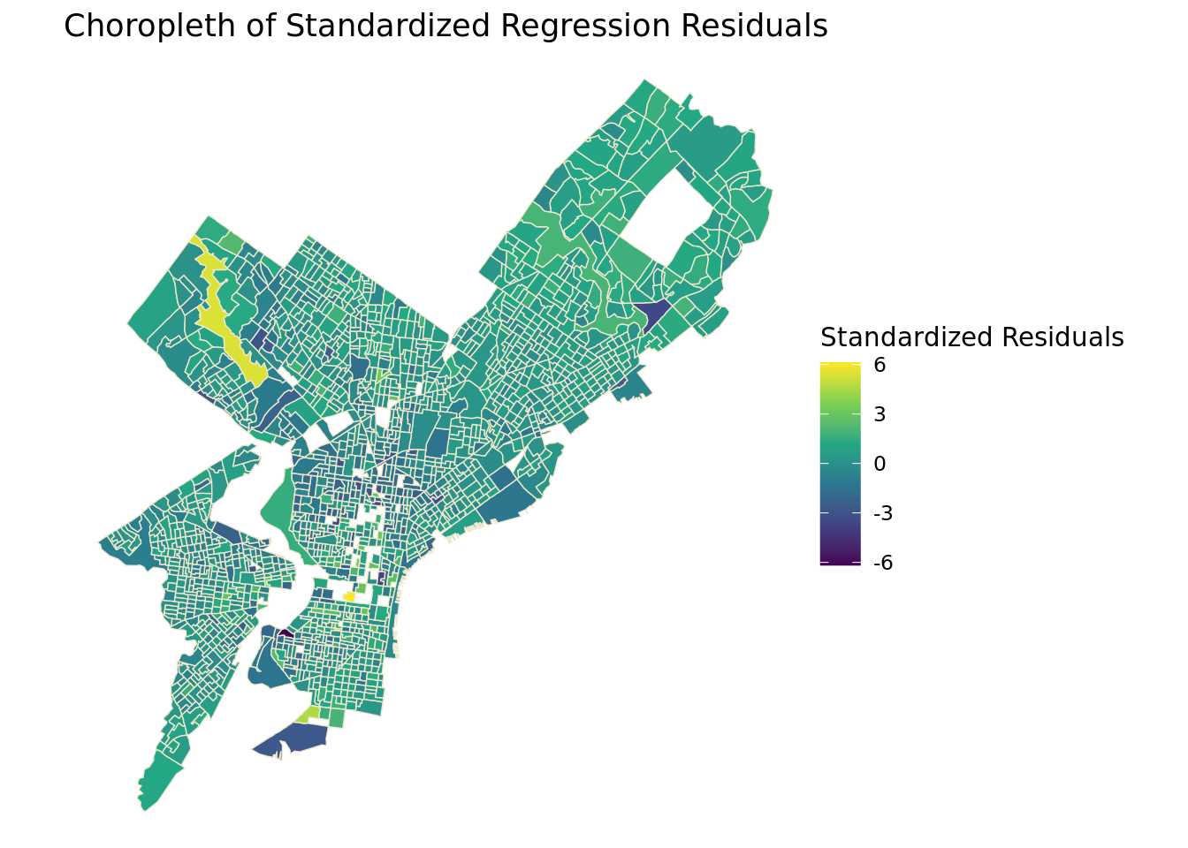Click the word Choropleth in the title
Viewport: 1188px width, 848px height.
tap(149, 26)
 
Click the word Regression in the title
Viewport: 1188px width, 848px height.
tap(585, 26)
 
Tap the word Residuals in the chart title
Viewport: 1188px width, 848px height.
tap(754, 26)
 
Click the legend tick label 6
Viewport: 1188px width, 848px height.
tap(880, 365)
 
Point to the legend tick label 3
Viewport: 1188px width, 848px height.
tap(880, 414)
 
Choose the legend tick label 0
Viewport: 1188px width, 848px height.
tap(880, 464)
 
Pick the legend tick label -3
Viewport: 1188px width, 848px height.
tap(883, 513)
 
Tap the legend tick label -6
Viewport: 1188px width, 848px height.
tap(883, 563)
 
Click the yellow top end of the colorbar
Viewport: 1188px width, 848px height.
tap(840, 366)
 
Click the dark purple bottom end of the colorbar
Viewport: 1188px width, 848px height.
tap(840, 562)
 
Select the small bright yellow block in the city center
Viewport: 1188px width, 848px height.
tap(349, 597)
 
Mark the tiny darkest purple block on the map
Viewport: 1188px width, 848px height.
tap(286, 633)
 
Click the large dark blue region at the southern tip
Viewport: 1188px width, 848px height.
tap(293, 740)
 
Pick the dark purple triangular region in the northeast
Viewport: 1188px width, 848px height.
tap(653, 312)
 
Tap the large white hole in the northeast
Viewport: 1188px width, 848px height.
tap(669, 217)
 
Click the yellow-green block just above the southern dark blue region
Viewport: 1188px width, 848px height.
tap(308, 715)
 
